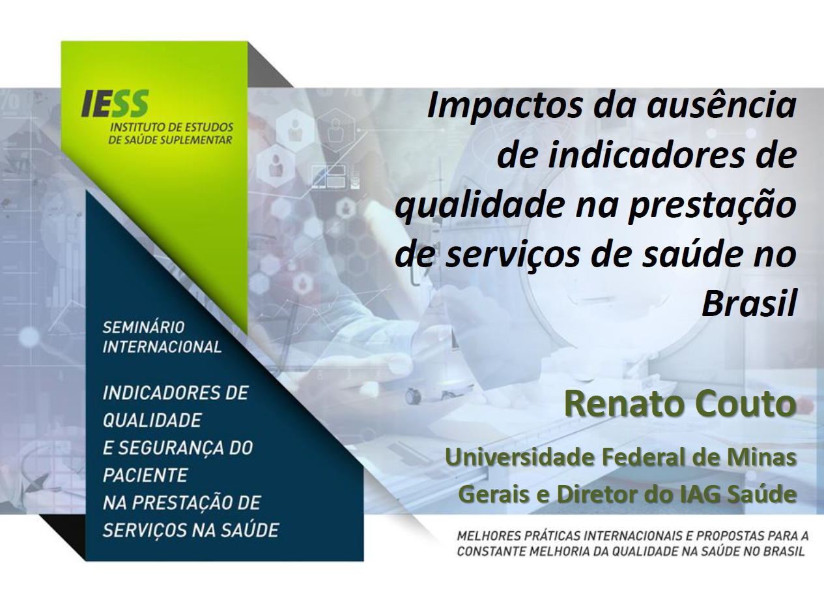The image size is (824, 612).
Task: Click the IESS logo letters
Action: click(x=115, y=104)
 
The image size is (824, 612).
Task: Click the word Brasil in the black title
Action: click(x=749, y=305)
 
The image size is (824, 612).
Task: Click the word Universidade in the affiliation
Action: click(x=519, y=457)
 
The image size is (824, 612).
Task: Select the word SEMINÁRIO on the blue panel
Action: click(x=143, y=327)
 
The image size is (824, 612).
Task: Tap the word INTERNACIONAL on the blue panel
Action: click(x=162, y=347)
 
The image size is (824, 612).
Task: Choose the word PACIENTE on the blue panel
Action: click(x=145, y=475)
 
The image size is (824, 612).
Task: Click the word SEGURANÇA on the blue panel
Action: click(x=176, y=448)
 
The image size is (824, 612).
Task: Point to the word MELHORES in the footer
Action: click(x=485, y=536)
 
